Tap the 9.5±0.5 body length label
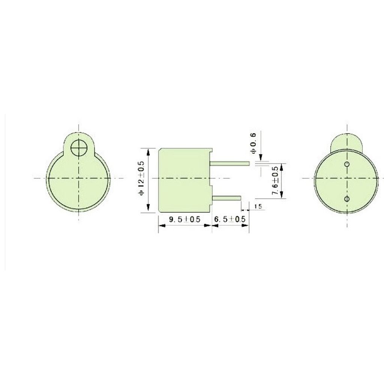pos(184,219)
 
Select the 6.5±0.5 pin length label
pos(230,219)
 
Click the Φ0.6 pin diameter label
pos(253,143)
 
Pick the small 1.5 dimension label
pos(258,207)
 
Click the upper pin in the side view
pos(229,163)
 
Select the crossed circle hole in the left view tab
pos(78,148)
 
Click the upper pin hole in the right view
pos(347,164)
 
